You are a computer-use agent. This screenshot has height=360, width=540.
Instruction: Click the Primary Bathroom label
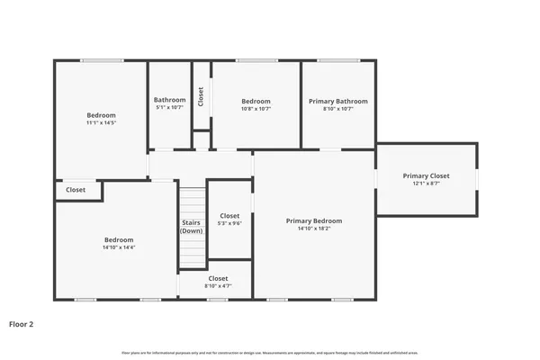[x=337, y=102]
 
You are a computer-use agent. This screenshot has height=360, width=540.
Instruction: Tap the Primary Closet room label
[x=426, y=176]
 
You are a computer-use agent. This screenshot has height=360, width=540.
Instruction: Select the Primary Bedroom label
[x=314, y=220]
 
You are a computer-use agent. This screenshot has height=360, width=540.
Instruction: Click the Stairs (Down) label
[x=192, y=226]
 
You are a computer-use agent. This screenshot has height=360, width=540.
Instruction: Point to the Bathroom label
[x=169, y=100]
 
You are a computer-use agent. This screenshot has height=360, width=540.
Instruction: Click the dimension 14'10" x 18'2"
[x=314, y=229]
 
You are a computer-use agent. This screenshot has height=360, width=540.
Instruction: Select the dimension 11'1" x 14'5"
[x=101, y=122]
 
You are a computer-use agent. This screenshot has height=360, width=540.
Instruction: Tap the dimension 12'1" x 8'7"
[x=426, y=184]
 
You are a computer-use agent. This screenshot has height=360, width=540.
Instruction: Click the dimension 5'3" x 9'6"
[x=230, y=224]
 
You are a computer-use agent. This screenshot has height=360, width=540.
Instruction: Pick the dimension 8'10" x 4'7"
[x=218, y=285]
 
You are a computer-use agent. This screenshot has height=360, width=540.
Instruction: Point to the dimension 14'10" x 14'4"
[x=119, y=247]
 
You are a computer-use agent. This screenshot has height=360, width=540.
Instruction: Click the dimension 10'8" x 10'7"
[x=256, y=109]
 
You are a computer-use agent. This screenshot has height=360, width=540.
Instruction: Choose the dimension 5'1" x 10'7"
[x=169, y=108]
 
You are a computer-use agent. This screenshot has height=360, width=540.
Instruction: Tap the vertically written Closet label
[x=201, y=96]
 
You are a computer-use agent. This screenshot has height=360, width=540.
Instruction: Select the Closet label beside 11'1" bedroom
[x=76, y=190]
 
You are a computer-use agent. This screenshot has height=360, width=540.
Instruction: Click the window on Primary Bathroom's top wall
[x=338, y=61]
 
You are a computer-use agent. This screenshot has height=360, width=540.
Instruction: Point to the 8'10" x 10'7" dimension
[x=337, y=109]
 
